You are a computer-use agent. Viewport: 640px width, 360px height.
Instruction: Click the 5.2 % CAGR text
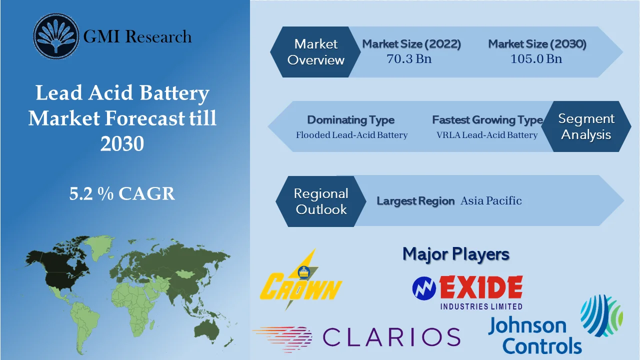pos(122,193)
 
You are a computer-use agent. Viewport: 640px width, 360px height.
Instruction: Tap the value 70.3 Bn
pos(409,58)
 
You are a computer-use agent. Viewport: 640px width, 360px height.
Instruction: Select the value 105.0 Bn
pos(536,58)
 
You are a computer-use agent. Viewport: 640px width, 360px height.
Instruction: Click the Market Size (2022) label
pos(411,44)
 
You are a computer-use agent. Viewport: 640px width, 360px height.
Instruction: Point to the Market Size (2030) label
pos(537,44)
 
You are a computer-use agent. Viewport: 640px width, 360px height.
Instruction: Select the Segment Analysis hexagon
pos(586,126)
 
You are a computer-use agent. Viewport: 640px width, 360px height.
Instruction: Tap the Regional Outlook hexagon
pos(320,201)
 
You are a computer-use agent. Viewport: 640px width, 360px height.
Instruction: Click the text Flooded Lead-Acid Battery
pos(351,135)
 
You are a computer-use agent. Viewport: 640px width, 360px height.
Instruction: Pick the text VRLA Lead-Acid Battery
pos(487,135)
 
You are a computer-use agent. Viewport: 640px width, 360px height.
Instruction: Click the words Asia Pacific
pos(490,201)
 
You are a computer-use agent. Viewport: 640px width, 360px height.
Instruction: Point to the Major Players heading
pos(455,254)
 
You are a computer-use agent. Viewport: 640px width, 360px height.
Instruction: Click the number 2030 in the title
pos(122,143)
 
